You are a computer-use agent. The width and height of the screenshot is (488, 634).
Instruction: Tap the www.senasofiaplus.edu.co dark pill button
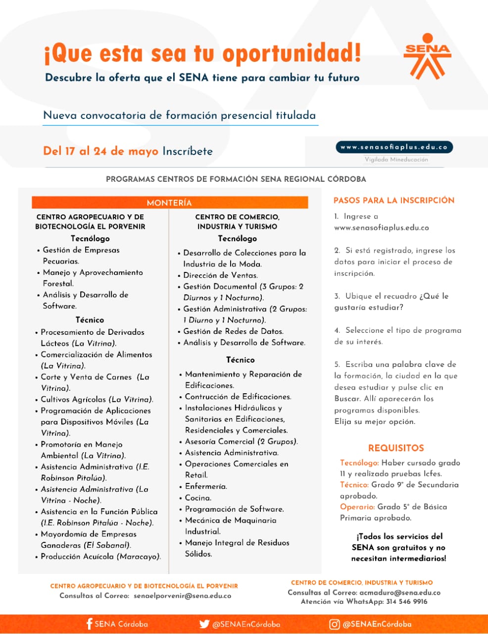coord(394,147)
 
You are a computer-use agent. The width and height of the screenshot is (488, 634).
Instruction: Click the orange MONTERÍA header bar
coord(169,203)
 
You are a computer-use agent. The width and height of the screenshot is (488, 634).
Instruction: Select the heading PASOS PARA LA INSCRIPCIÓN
coord(393,200)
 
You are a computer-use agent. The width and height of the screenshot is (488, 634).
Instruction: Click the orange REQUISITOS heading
coord(396,448)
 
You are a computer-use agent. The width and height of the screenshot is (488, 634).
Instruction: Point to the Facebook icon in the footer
coord(89,624)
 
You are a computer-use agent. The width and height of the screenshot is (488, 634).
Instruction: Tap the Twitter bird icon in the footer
coord(204,624)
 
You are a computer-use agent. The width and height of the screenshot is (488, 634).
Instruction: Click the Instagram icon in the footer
coord(335,624)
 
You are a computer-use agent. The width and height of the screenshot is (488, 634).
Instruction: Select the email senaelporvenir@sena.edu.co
coord(182,596)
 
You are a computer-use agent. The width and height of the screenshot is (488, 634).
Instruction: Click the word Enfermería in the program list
coord(205,486)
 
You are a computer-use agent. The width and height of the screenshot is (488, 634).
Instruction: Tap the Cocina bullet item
coord(198,498)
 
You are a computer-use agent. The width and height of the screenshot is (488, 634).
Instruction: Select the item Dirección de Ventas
coord(220,275)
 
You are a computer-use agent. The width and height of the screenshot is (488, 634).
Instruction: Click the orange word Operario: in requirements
coord(357,507)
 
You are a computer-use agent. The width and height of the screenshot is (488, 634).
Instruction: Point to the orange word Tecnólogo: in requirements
coord(359,463)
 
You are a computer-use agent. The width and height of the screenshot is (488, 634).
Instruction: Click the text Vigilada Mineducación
coord(396,159)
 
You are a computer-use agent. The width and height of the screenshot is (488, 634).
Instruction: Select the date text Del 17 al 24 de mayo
coord(100,151)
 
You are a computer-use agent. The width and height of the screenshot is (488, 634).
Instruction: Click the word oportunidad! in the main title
coord(292,53)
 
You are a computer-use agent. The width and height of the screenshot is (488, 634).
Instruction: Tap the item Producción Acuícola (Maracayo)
coord(100,556)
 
